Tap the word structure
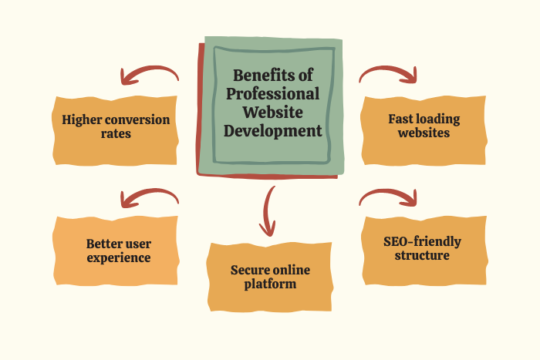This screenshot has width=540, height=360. click(x=422, y=255)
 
